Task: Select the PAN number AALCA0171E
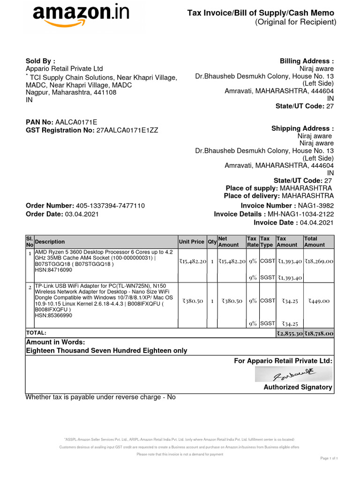76,122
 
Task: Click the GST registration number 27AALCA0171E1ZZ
127,130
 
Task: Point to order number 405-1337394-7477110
110,206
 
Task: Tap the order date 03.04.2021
82,214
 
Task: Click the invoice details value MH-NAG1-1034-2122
300,214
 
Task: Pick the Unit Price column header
191,242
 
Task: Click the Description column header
50,242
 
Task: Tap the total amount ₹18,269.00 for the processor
318,261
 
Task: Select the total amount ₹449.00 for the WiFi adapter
318,301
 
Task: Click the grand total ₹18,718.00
318,333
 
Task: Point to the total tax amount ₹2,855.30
289,333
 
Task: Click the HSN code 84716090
53,270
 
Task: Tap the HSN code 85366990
53,315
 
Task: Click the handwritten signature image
294,375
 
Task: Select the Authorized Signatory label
298,387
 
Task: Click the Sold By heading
40,61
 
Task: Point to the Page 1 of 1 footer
329,458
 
